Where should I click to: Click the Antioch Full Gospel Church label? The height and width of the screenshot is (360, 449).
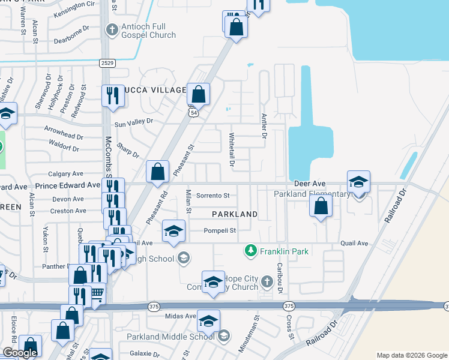pos(148,30)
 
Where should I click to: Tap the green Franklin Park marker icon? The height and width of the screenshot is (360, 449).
pos(250,251)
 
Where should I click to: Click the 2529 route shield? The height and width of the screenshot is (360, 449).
pos(107,62)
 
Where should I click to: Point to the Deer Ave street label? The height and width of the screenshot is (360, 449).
pos(310,183)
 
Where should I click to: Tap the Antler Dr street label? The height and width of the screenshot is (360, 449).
pos(263,127)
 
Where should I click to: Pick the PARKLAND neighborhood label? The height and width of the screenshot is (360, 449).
pos(235,214)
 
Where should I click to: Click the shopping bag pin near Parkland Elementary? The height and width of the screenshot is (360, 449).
pos(321,206)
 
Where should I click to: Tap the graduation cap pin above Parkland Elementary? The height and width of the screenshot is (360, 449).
pos(358,181)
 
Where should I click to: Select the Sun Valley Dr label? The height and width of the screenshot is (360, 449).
pos(134,121)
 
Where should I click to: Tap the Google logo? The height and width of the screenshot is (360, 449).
pos(19,353)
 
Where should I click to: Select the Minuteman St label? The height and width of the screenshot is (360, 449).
pos(256,328)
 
